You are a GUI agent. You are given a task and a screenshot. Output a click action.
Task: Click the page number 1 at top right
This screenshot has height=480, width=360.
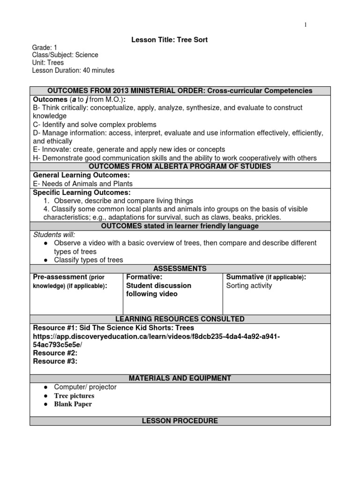point(306,25)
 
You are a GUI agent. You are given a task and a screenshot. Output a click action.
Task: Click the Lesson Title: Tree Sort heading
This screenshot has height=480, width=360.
point(169,40)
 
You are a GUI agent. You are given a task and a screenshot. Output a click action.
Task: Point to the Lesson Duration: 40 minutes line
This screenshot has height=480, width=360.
point(73,70)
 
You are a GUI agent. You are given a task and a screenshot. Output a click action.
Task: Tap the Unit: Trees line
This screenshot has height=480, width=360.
point(48,63)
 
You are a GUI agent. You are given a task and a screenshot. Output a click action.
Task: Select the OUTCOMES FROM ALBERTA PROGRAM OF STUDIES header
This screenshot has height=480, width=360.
point(180,167)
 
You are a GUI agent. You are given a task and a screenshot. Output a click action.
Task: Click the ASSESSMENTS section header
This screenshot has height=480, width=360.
point(180,269)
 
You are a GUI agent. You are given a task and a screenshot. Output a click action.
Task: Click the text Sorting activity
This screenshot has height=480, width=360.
point(249,285)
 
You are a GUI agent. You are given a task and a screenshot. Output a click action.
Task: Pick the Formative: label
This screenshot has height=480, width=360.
point(144,277)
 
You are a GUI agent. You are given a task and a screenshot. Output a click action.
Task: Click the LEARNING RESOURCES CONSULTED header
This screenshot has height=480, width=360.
point(180,319)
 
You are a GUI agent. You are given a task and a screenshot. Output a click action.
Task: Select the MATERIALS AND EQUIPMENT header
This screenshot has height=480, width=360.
point(180,378)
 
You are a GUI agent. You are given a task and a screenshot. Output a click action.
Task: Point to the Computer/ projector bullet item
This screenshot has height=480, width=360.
point(85,387)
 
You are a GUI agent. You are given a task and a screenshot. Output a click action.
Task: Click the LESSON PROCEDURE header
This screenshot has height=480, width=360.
point(180,421)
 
